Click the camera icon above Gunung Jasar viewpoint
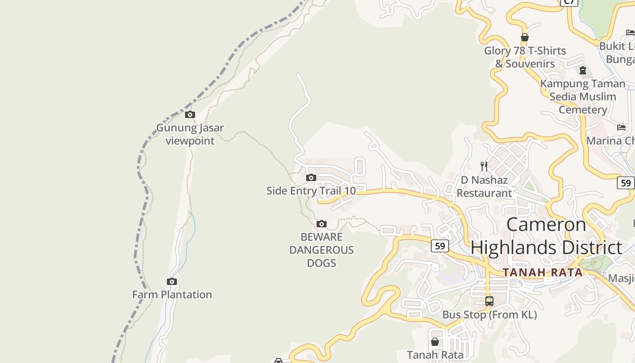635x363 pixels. [x=190, y=114]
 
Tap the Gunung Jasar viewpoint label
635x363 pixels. [x=190, y=134]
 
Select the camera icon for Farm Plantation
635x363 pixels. [x=171, y=282]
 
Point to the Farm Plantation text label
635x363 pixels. [x=172, y=294]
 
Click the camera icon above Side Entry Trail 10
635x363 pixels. [x=311, y=178]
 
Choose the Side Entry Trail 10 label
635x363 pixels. [x=311, y=191]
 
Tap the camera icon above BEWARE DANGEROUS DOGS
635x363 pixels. [x=322, y=224]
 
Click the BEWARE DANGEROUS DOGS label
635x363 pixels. [x=322, y=250]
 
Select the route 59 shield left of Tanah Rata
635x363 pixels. [x=440, y=246]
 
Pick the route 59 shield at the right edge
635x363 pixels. [x=626, y=183]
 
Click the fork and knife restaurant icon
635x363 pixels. [x=484, y=167]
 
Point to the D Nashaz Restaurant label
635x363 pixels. [x=484, y=186]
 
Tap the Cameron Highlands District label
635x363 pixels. [x=546, y=236]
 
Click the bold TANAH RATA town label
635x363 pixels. [x=542, y=272]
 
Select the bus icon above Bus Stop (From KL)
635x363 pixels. [x=489, y=301]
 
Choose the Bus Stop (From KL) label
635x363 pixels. [x=489, y=314]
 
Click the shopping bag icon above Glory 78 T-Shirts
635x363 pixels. [x=525, y=37]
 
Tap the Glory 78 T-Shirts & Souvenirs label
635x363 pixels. [x=525, y=57]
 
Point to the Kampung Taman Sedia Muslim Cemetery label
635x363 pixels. [x=583, y=97]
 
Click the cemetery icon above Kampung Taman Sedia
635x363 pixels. [x=583, y=70]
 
